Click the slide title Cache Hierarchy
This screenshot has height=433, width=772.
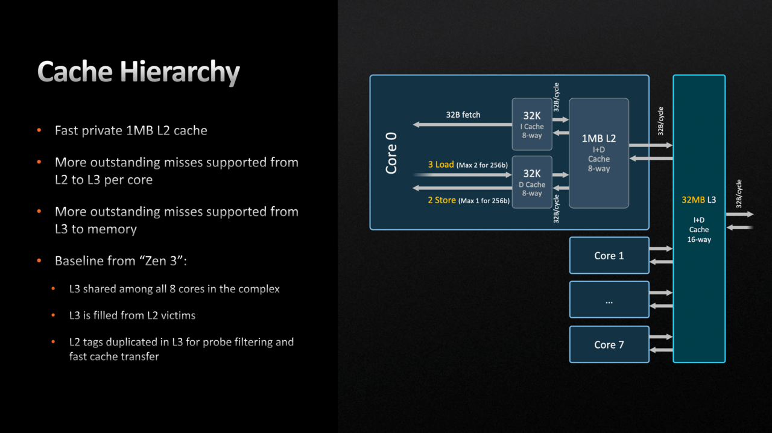[x=138, y=72]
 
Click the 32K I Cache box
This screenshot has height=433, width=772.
[x=532, y=124]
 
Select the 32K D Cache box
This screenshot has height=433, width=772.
[x=532, y=182]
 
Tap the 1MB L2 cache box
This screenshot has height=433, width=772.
[x=599, y=153]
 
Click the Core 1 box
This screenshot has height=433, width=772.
[x=609, y=255]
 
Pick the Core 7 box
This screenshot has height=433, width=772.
[x=609, y=344]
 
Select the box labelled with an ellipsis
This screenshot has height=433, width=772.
[x=609, y=300]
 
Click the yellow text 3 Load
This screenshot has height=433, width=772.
[x=441, y=165]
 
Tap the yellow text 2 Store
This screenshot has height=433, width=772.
[x=442, y=200]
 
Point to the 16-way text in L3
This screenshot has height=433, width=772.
[x=699, y=239]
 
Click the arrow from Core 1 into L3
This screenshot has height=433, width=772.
[x=661, y=248]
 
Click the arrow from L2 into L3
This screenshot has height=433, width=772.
[x=651, y=145]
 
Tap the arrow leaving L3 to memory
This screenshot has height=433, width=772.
[x=740, y=214]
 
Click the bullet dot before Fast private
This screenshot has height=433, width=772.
[x=39, y=130]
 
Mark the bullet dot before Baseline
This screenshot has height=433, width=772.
[x=39, y=261]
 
